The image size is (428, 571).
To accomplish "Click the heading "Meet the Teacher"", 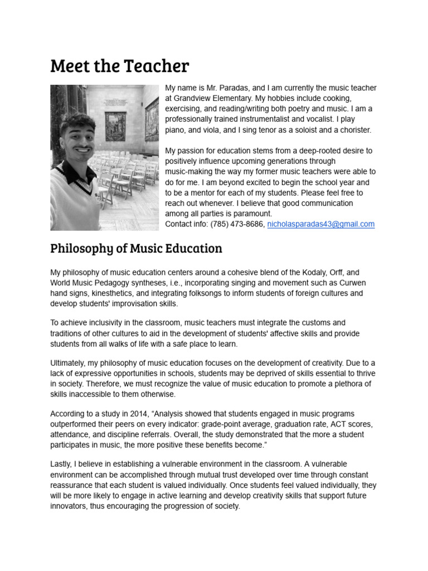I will click(119, 66).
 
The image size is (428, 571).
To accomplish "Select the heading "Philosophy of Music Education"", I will click(136, 248).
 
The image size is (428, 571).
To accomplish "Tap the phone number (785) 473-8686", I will click(237, 224).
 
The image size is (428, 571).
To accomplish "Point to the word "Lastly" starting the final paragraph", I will click(62, 464).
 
